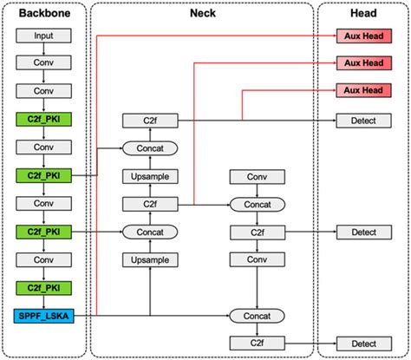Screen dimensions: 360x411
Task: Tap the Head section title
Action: click(362, 15)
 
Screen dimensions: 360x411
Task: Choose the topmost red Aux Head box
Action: click(362, 36)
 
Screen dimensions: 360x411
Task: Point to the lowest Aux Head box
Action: click(362, 91)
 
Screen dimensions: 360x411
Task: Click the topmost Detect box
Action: click(362, 121)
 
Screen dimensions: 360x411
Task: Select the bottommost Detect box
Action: click(362, 343)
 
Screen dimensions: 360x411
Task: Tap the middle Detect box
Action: click(362, 232)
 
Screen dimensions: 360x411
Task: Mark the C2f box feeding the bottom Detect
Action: click(256, 343)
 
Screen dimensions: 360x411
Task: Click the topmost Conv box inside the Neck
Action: click(256, 176)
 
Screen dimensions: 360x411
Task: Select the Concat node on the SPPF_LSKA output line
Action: click(256, 316)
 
